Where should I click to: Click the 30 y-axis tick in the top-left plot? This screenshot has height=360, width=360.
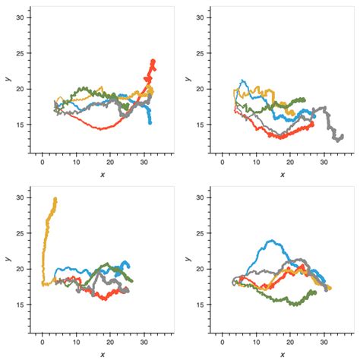[x=23, y=17]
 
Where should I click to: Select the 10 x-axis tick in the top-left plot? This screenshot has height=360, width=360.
[x=76, y=162]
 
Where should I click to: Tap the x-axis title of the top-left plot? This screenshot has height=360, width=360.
[x=102, y=174]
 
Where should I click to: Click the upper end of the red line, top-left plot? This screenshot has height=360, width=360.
[x=153, y=61]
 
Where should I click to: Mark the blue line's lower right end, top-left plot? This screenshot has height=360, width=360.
[x=150, y=122]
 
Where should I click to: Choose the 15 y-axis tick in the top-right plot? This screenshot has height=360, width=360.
[x=203, y=125]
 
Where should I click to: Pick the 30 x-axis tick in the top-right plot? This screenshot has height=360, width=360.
[x=324, y=162]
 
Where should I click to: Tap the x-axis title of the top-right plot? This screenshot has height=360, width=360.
[x=282, y=174]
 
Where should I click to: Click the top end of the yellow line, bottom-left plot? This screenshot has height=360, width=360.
[x=55, y=199]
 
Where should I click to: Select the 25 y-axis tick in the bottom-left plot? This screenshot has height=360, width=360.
[x=23, y=233]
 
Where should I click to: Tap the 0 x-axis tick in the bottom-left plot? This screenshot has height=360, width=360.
[x=43, y=342]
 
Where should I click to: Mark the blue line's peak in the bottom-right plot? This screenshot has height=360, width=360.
[x=268, y=241]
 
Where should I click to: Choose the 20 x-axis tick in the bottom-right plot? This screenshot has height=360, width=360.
[x=289, y=342]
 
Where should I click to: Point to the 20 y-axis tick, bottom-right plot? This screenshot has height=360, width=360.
[x=203, y=269]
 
